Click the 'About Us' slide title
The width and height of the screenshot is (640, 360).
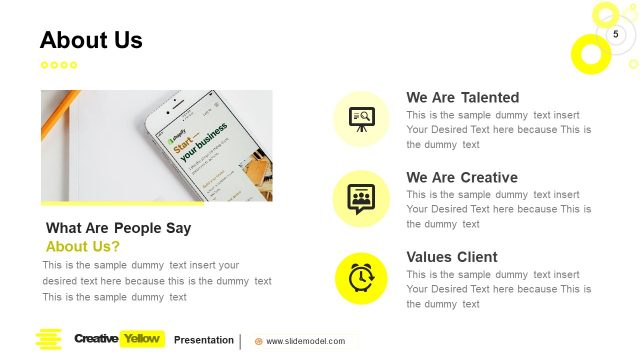coord(91,40)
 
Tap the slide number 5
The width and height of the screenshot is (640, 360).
coord(616,34)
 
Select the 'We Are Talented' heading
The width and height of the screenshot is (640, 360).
coord(462,98)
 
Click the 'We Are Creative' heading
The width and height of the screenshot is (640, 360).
coord(461,178)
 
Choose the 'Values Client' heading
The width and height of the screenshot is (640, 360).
coord(451,257)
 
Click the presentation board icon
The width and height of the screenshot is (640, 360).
coord(361,119)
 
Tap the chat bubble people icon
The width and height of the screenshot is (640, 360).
coord(361,198)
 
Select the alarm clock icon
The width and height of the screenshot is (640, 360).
coord(361,277)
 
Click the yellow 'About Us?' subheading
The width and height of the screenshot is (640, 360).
coord(83,246)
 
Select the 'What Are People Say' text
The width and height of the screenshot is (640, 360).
coord(118,228)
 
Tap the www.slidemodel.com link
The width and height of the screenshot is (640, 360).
coord(305,341)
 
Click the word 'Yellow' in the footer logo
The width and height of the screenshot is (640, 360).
coord(141,339)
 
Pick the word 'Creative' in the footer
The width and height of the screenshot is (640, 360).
coord(96,339)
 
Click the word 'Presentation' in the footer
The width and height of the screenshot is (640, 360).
coord(204,340)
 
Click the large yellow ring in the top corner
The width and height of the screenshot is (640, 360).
coord(589,53)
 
